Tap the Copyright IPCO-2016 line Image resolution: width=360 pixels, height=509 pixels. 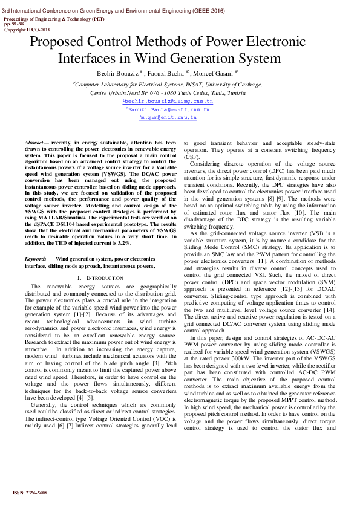coord(27,30)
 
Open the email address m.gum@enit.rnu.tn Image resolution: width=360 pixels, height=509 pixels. coord(168,118)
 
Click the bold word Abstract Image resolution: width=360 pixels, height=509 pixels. coord(34,143)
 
